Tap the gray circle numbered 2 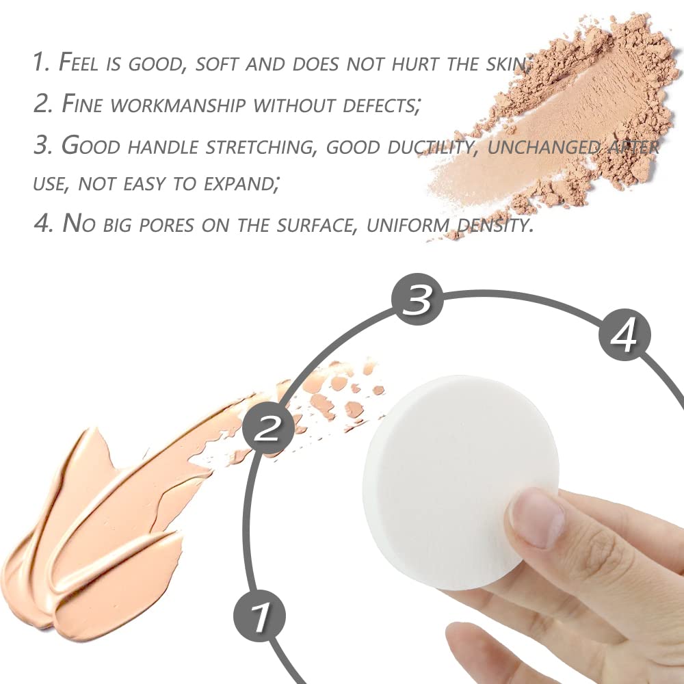pos(269,430)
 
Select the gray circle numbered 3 pos(417,300)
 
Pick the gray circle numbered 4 pos(624,335)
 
